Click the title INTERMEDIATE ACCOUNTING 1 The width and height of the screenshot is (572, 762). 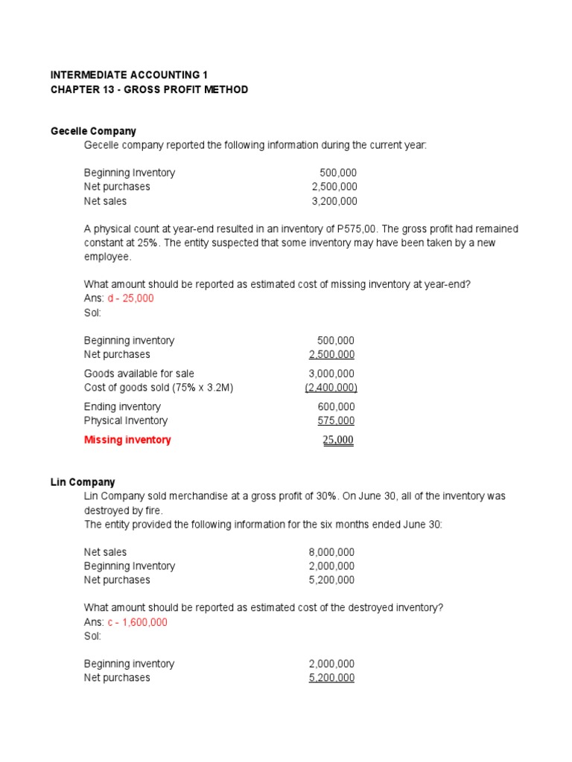click(129, 75)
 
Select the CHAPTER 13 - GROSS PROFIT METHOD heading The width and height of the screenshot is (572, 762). click(149, 89)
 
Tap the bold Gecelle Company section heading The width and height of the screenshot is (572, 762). click(93, 131)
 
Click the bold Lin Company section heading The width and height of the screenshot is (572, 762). click(83, 482)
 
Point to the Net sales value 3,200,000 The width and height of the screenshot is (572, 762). click(334, 201)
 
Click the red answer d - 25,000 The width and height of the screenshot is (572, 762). click(131, 298)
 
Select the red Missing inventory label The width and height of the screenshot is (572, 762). click(127, 440)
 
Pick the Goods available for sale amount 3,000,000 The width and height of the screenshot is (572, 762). click(331, 374)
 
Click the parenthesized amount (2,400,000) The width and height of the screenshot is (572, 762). click(331, 388)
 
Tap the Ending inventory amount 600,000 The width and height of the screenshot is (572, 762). click(336, 406)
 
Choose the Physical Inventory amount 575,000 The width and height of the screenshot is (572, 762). click(336, 420)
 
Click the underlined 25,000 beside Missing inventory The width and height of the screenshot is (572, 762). click(337, 440)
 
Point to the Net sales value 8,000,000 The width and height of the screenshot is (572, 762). click(331, 552)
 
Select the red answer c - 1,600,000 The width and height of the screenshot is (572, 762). click(138, 622)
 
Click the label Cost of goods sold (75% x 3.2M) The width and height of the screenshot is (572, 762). click(159, 388)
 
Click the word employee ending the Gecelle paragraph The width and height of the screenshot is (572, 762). click(107, 257)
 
